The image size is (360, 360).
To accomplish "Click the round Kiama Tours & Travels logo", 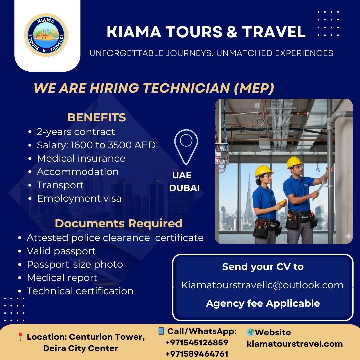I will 47,35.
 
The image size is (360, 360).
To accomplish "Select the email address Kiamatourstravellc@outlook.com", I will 262,285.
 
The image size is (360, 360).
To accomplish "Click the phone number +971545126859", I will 197,343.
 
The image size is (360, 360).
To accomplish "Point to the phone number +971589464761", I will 197,354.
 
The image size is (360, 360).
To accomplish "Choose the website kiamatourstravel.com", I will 295,344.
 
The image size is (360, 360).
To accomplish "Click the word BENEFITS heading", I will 97,118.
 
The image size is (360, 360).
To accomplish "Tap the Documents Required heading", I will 119,223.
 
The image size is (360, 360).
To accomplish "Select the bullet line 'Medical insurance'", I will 81,158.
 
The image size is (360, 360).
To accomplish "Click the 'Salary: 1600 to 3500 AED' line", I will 96,145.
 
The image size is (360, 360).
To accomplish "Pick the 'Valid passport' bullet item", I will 61,251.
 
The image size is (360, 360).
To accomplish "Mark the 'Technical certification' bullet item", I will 80,291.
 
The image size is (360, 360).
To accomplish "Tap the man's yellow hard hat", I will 294,162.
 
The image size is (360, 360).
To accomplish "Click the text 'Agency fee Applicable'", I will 263,303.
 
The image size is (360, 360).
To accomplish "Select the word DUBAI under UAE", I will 184,188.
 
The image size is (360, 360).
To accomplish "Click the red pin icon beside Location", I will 20,337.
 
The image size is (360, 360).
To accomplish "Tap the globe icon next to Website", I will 250,332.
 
